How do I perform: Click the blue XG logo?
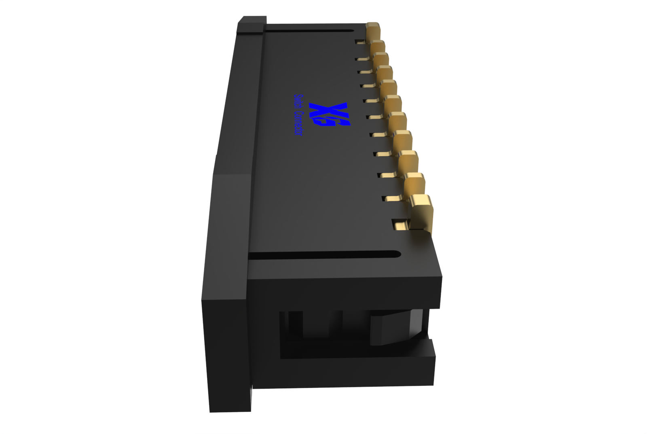[329, 114]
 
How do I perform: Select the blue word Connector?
[298, 124]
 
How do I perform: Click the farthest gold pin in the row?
[373, 31]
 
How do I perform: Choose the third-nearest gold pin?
[408, 162]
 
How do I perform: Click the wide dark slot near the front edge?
[323, 255]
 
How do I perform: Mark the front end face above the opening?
[344, 291]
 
